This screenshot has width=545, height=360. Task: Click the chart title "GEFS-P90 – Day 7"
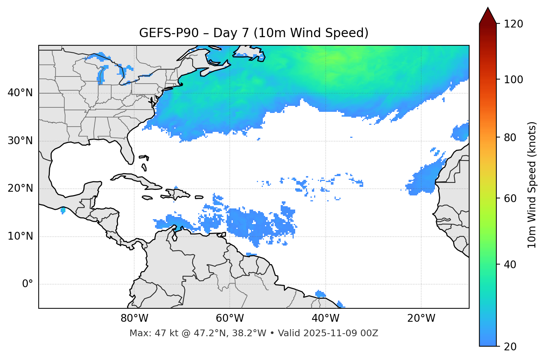tap(193, 33)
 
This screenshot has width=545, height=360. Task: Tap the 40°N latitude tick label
tap(20, 93)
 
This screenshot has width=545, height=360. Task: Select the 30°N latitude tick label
tap(20, 141)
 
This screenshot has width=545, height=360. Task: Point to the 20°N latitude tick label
tap(20, 189)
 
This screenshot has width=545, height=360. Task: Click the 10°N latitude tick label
tap(20, 236)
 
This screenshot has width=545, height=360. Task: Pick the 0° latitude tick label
tap(27, 284)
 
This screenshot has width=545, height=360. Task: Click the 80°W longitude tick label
tap(134, 318)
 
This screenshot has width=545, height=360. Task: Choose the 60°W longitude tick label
tap(230, 318)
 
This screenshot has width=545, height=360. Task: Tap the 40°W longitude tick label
tap(325, 318)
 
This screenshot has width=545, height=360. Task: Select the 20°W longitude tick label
tap(421, 318)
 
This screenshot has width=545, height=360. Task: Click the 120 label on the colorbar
tap(513, 24)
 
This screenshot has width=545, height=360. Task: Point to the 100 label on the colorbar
tap(513, 80)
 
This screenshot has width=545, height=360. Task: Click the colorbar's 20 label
tap(510, 347)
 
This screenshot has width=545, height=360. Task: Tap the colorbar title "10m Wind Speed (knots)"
tap(532, 185)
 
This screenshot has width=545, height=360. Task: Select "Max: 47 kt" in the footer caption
tap(146, 333)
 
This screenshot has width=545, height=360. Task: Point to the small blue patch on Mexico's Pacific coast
tap(63, 211)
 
